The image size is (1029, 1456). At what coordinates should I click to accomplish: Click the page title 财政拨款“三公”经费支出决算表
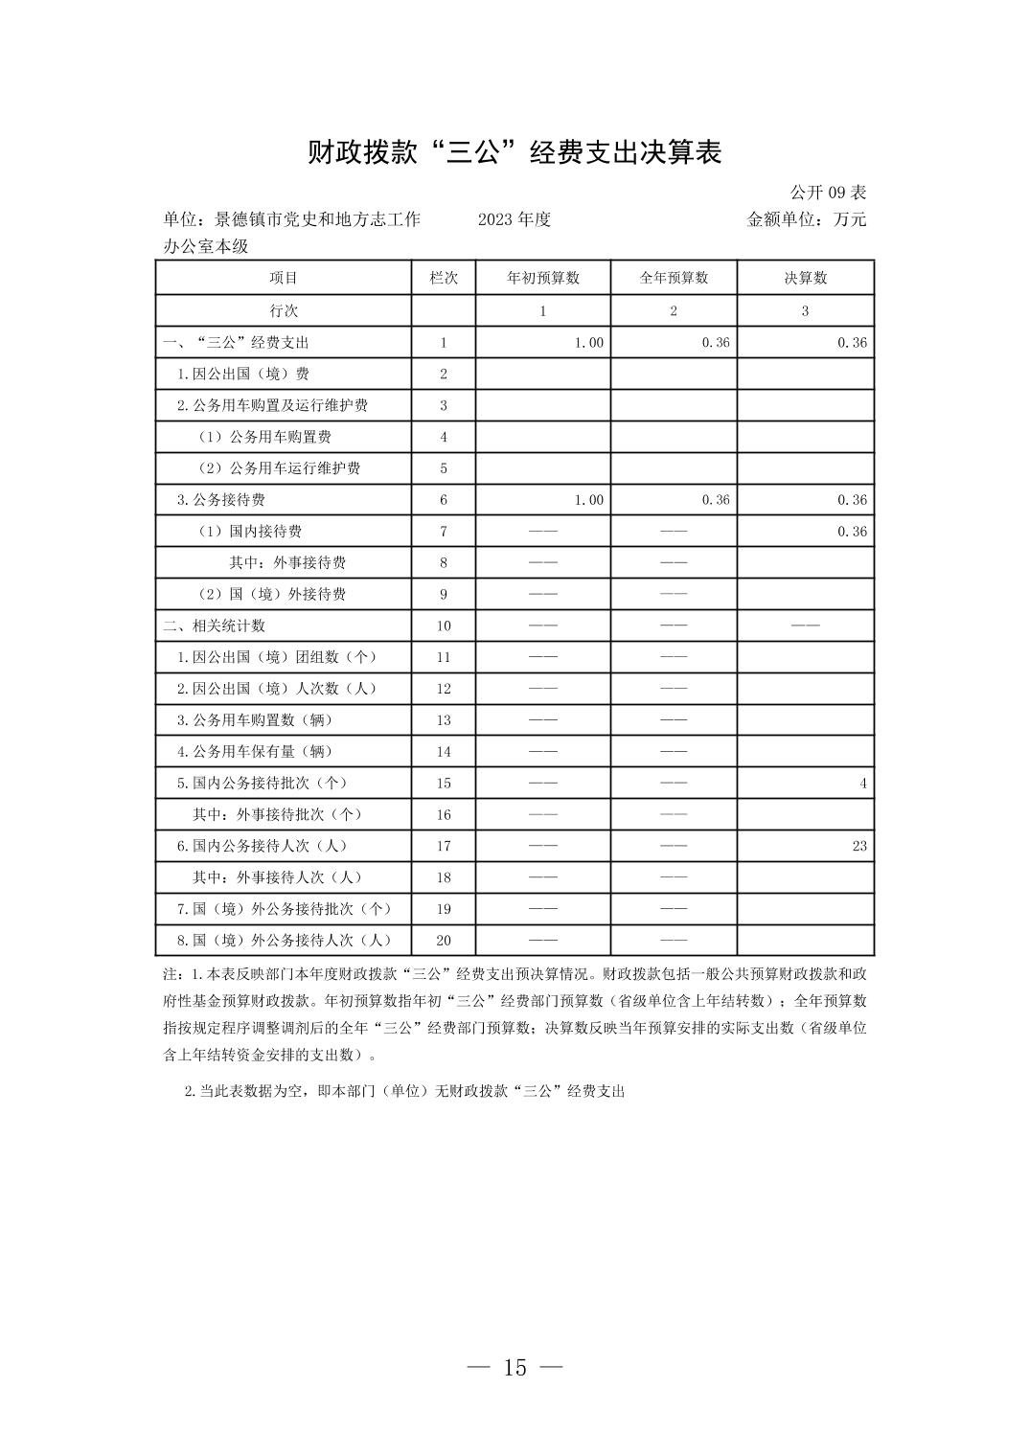(x=514, y=152)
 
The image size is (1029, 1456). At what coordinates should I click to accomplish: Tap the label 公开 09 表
(x=828, y=193)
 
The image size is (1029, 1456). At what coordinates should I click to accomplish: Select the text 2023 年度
(x=514, y=219)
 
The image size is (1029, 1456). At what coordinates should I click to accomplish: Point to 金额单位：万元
(x=806, y=219)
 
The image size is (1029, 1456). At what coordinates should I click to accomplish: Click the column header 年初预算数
(x=543, y=278)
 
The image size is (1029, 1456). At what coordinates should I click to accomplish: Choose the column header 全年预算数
(x=674, y=278)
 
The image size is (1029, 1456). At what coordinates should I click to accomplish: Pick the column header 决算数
(x=805, y=278)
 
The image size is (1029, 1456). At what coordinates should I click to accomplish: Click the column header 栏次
(x=444, y=278)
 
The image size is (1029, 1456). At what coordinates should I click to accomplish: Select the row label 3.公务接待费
(x=221, y=500)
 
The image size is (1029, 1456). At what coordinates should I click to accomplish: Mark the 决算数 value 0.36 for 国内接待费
(x=852, y=532)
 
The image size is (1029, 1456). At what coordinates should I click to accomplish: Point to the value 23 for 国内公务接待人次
(x=858, y=846)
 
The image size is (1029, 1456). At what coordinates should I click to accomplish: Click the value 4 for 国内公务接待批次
(x=862, y=784)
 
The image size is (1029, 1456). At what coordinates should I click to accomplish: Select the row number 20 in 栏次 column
(x=444, y=941)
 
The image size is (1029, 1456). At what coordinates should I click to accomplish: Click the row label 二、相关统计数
(x=215, y=626)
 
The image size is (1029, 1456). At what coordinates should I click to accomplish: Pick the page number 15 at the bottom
(x=514, y=1368)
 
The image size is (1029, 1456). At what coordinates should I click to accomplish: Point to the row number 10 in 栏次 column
(x=444, y=626)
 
